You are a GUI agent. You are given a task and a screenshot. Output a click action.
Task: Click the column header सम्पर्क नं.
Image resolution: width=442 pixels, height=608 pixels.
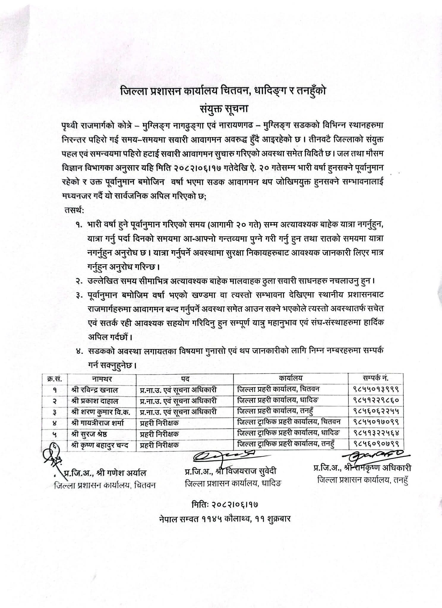375,378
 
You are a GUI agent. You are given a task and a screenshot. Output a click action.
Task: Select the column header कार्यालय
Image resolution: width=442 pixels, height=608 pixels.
290,378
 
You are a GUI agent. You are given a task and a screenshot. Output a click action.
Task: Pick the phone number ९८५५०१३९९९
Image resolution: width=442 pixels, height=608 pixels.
375,389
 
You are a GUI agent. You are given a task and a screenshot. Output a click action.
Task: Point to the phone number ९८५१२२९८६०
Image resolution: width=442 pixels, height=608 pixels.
375,401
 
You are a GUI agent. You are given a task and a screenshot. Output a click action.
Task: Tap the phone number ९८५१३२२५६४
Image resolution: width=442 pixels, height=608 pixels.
375,433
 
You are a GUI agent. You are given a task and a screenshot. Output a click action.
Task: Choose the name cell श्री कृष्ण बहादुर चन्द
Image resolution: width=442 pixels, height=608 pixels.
101,445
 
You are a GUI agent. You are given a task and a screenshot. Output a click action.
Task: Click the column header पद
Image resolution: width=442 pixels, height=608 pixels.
184,378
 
